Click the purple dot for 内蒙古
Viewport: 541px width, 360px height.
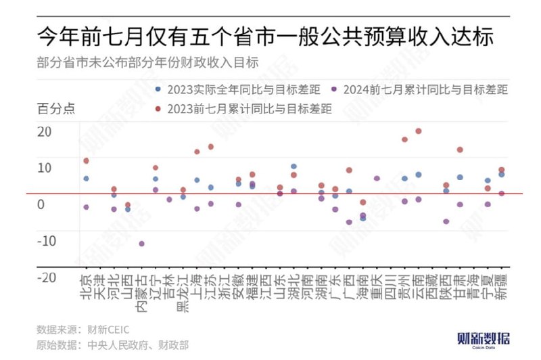141,244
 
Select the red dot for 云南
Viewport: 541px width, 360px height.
419,131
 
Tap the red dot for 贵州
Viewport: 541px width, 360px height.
404,139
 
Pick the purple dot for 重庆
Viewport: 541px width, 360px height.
377,179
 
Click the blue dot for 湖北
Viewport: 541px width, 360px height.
293,166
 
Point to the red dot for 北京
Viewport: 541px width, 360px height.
86,161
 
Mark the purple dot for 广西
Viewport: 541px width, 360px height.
349,222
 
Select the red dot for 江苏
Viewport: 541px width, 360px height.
210,147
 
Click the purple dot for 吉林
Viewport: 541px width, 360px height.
169,200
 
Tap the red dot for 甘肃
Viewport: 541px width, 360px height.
460,150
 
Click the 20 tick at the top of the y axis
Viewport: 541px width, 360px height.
44,131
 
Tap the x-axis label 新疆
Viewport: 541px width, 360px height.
502,288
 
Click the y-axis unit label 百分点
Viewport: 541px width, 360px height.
55,108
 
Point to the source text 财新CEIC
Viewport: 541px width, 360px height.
108,330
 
